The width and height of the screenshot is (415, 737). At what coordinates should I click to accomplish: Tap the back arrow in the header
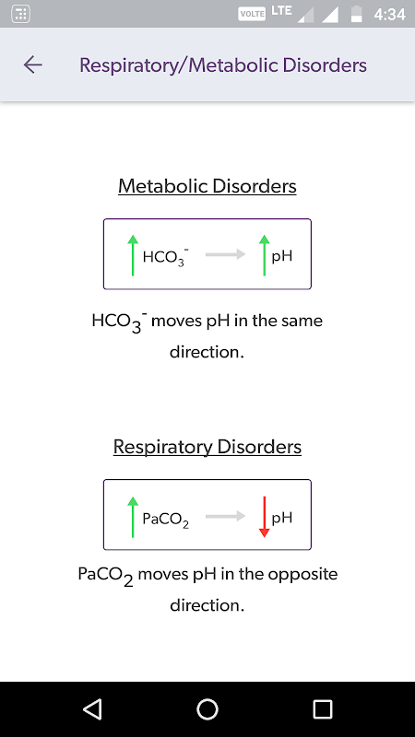point(33,64)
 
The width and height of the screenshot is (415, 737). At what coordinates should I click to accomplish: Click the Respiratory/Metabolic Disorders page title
point(223,64)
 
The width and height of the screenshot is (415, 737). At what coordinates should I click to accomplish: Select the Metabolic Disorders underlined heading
point(207,186)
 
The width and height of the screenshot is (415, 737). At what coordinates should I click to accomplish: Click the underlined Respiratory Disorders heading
point(207,447)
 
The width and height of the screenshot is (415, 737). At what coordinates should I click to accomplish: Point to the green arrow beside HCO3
point(133,255)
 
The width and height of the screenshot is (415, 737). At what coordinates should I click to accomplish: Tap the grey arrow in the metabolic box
point(225,254)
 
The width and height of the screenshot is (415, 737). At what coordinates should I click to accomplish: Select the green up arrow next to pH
point(265,255)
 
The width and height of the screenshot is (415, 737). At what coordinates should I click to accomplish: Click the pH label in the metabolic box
point(282,257)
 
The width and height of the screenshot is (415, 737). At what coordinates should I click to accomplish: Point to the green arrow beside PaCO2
point(133,517)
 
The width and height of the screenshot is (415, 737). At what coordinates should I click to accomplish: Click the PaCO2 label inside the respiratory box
point(166,520)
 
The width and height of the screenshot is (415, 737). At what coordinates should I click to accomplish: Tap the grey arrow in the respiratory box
point(225,516)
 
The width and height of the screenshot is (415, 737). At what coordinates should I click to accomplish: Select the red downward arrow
point(265,517)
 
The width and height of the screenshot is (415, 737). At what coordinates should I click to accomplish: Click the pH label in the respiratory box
point(282,519)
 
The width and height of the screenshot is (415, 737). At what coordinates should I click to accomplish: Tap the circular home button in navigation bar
point(207,709)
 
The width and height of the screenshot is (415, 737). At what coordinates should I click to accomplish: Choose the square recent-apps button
point(323,709)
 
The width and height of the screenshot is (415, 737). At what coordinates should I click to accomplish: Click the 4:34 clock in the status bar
point(389,14)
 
